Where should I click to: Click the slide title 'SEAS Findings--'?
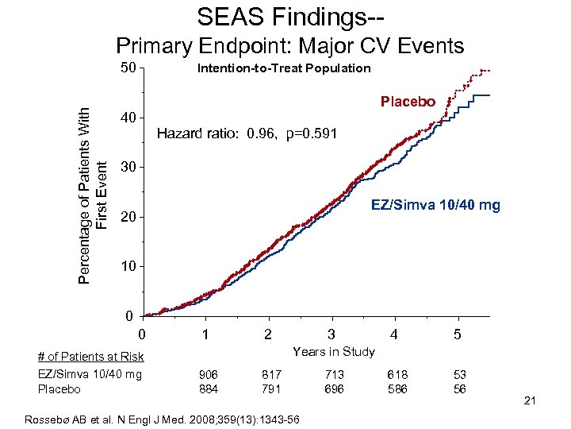point(285,17)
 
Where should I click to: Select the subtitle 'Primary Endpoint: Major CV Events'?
point(290,45)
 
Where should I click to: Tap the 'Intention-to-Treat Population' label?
point(283,68)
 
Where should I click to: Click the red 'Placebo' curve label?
point(408,102)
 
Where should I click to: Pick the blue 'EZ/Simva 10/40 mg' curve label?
point(436,206)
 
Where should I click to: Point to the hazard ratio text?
point(247,133)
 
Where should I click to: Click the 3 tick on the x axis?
point(331,335)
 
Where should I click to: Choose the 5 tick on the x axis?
point(458,335)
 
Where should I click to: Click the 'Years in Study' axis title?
point(334,352)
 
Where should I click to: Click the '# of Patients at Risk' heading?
point(90,357)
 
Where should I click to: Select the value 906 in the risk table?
point(209,374)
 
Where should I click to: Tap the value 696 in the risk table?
point(335,388)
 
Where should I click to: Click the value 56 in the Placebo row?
point(460,388)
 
